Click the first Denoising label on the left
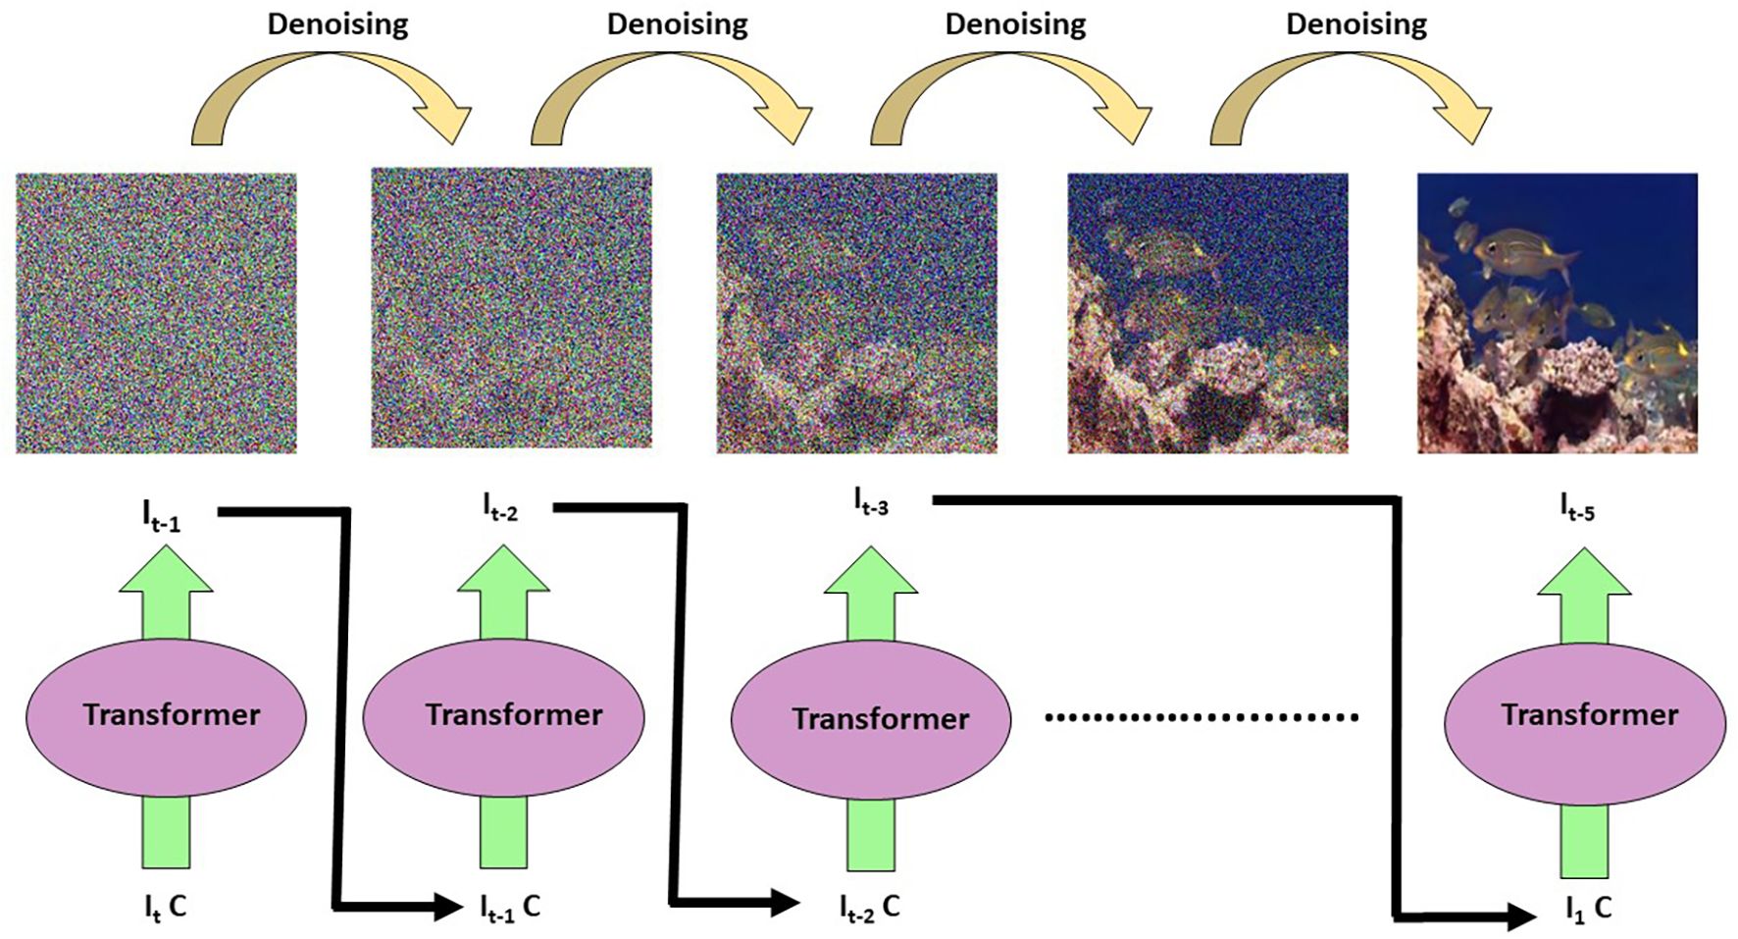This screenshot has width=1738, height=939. coord(337,25)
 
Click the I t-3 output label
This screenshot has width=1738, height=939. coord(871,502)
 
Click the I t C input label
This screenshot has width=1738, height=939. coord(165,908)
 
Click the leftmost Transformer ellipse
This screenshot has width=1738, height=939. coord(166,716)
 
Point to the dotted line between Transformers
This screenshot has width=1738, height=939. coord(1201,717)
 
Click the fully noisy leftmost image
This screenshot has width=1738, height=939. coord(156,313)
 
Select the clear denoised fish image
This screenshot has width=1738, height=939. coord(1557,313)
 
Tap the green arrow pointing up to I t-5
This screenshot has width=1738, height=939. coord(1583,594)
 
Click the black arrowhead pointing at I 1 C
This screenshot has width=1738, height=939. coord(1520,917)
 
